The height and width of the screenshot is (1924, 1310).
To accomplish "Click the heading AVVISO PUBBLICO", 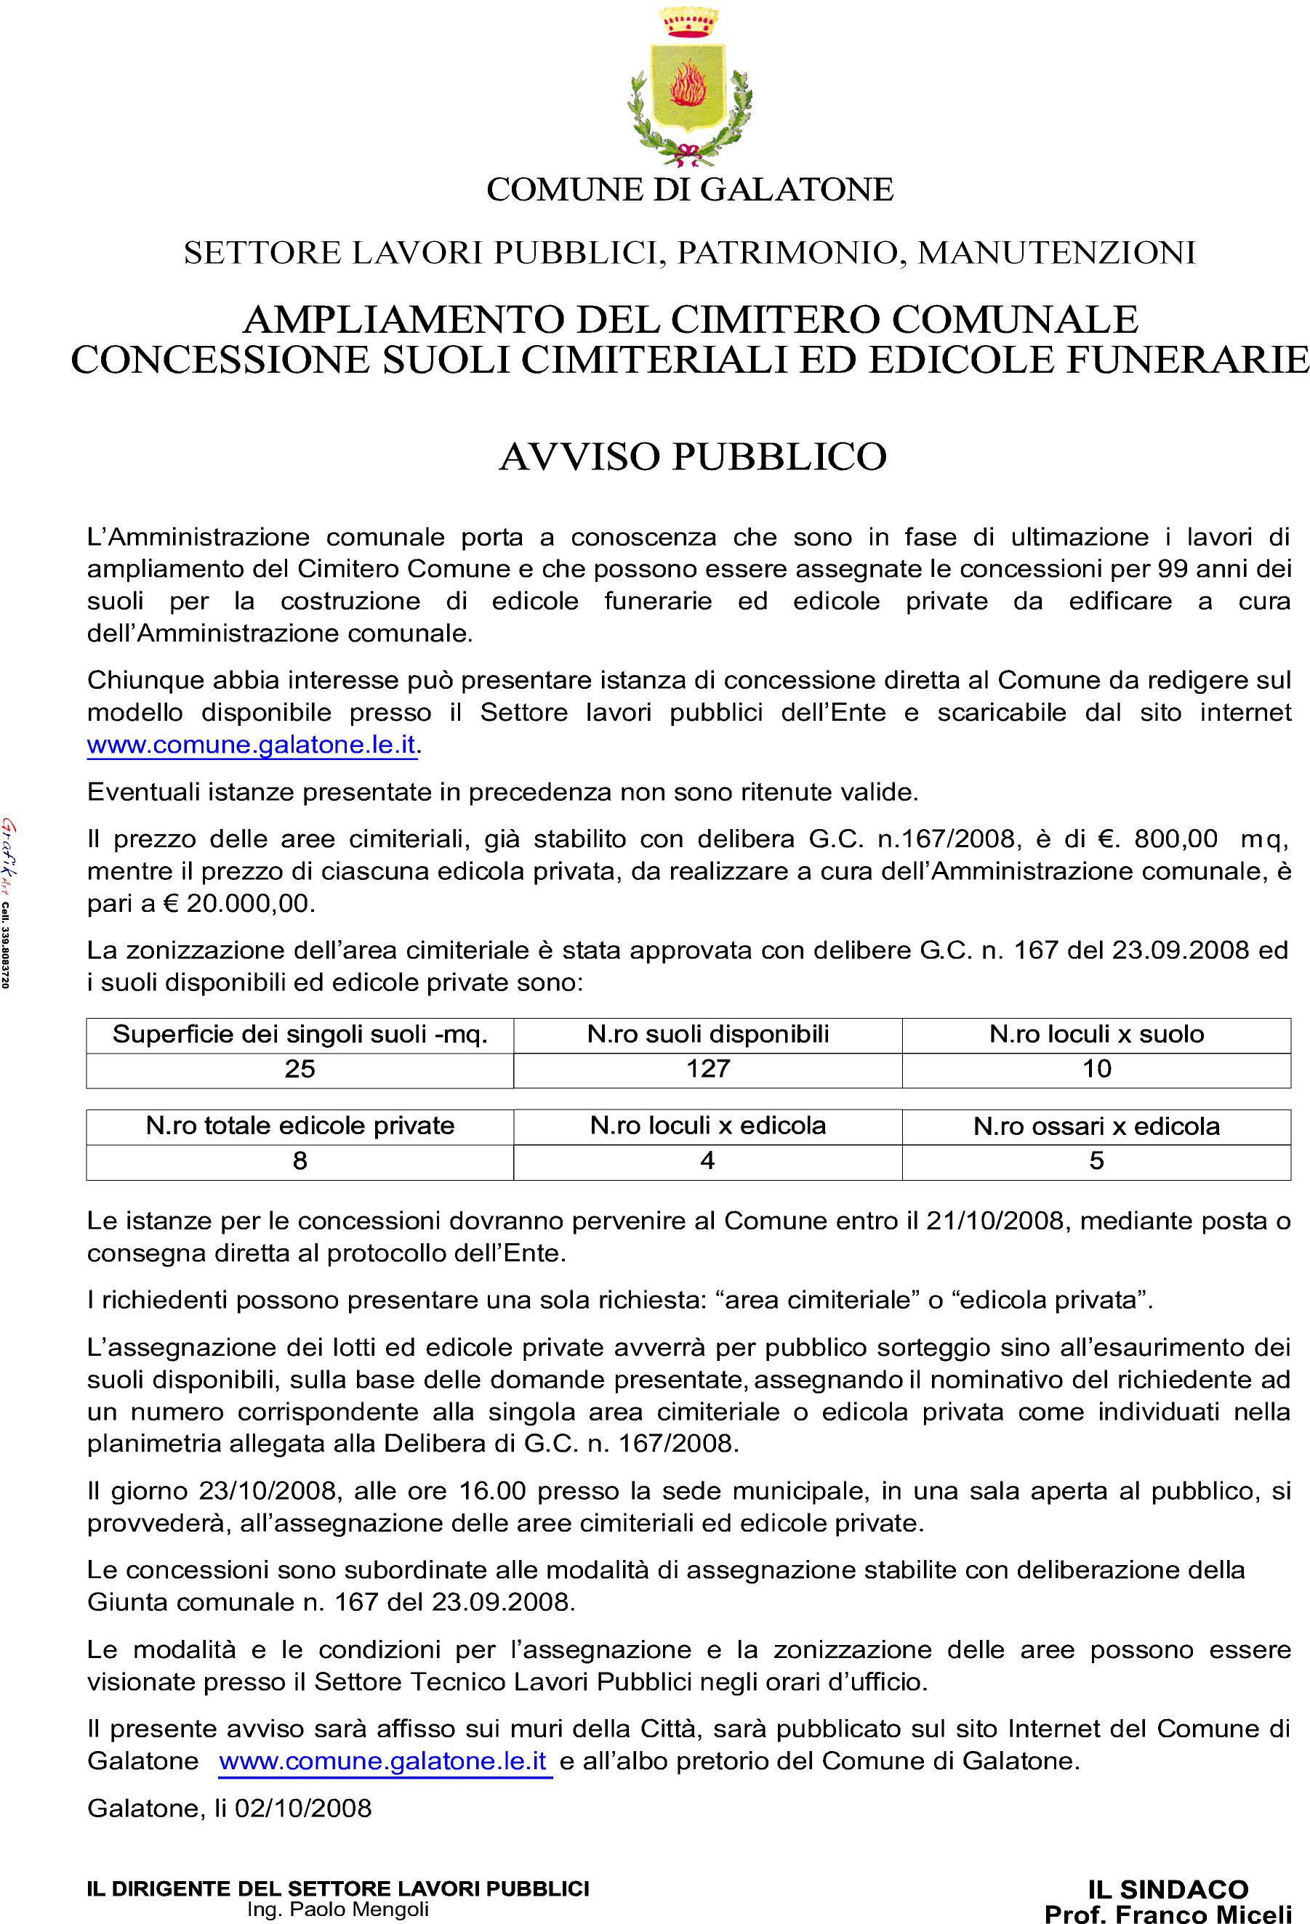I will (x=692, y=457).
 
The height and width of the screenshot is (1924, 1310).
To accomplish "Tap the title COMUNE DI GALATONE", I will (x=689, y=190).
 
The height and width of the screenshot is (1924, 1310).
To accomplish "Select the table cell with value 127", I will (x=707, y=1069).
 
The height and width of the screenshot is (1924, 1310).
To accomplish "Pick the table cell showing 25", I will (x=299, y=1069).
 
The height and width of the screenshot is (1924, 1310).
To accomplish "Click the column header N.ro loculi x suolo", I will (x=1096, y=1034).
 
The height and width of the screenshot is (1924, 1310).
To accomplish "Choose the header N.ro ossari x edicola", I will (x=1096, y=1126).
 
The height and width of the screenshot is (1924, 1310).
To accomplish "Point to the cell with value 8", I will (x=299, y=1160).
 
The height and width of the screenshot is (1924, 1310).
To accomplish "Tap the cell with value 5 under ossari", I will (x=1096, y=1160).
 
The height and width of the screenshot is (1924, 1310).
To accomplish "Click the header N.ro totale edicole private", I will (x=299, y=1126).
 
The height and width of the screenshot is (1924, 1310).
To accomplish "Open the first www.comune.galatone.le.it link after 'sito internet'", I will (x=251, y=744).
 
